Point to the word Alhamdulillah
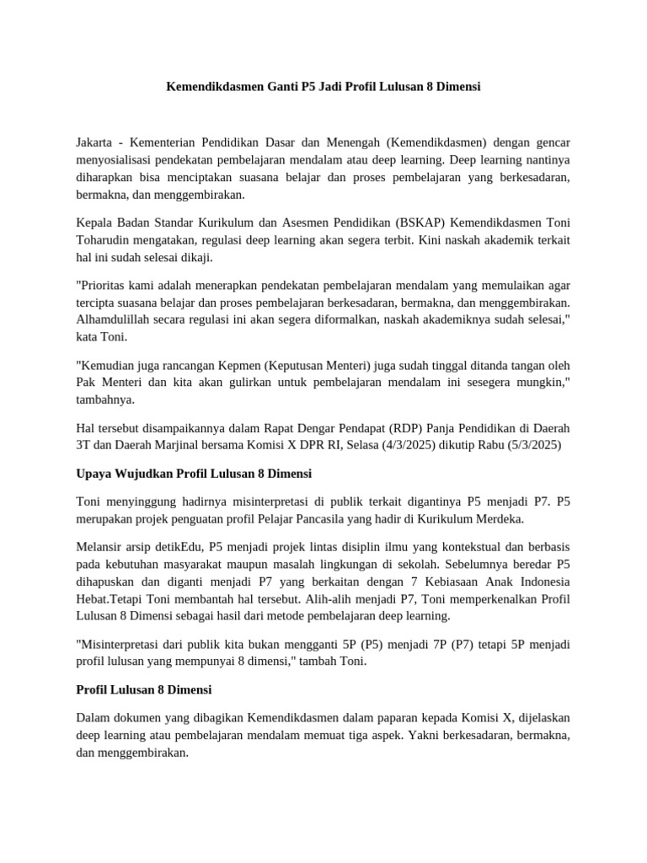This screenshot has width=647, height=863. point(115,319)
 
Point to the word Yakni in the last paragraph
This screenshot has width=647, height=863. point(417,736)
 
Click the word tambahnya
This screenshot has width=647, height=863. point(108,399)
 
